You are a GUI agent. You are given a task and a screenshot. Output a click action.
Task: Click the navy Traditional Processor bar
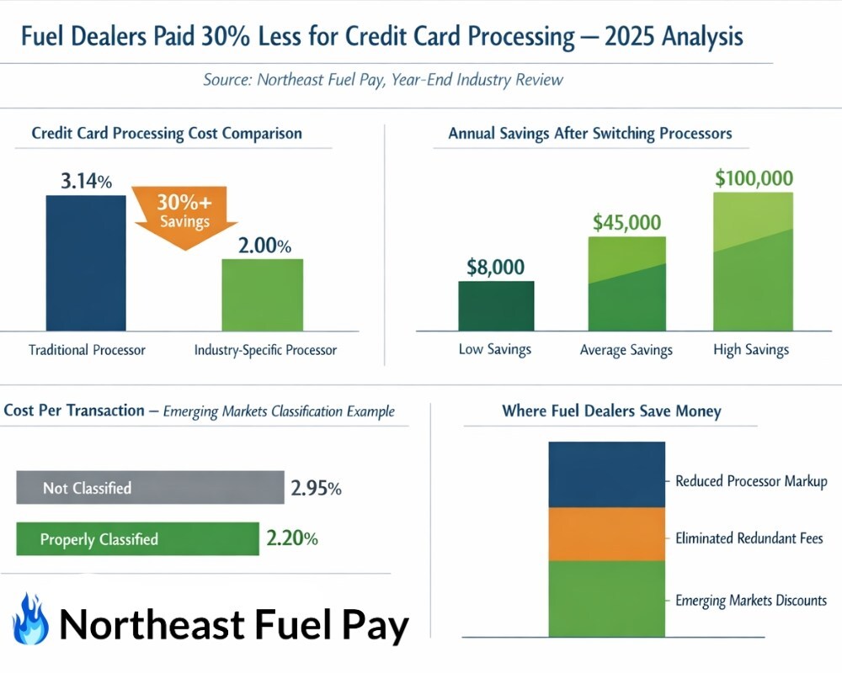click(x=85, y=262)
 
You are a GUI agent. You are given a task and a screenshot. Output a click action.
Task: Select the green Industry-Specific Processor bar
click(x=262, y=294)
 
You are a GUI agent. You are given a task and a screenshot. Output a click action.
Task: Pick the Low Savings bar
click(x=495, y=305)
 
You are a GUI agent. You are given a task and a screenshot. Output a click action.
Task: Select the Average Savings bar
click(x=626, y=284)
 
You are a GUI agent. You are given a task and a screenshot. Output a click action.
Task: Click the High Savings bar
click(x=752, y=262)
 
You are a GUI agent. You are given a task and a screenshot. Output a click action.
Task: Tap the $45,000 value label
click(x=626, y=222)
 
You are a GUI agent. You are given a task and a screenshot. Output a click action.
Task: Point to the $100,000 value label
click(x=753, y=178)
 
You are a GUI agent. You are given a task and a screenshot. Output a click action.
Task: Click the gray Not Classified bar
click(x=150, y=487)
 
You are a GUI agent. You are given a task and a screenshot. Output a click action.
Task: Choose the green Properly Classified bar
click(x=137, y=538)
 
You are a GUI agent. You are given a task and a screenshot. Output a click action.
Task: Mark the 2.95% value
click(x=316, y=488)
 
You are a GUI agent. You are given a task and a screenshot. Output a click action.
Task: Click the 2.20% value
click(x=291, y=538)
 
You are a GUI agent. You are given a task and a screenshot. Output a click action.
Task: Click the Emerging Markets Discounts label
click(x=751, y=600)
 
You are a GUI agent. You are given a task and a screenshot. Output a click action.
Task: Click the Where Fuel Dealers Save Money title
click(x=611, y=411)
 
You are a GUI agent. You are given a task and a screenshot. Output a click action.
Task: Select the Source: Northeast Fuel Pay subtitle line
click(x=383, y=80)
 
